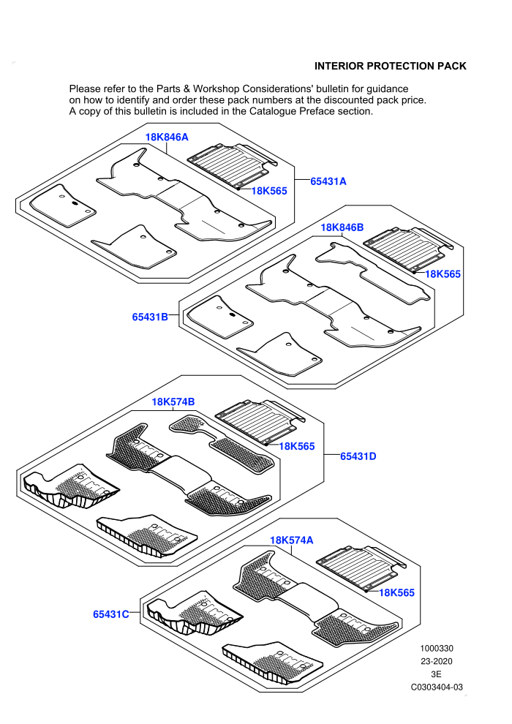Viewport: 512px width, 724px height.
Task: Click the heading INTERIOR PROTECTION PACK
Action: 390,66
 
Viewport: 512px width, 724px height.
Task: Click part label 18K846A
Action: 167,137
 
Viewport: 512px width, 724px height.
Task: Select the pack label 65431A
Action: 328,181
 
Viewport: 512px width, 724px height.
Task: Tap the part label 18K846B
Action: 342,227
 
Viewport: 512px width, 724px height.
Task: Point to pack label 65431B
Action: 150,317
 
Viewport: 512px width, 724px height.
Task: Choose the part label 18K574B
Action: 173,401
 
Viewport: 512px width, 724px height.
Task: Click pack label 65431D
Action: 358,456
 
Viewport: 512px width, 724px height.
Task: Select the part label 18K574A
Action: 292,540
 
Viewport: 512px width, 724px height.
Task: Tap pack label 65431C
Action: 110,614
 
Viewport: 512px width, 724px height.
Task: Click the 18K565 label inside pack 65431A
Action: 269,191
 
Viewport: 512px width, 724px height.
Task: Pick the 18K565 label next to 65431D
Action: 297,446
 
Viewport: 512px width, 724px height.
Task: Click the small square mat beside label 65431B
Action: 220,317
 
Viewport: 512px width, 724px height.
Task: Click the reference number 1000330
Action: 437,648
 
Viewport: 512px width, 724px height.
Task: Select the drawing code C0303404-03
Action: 437,687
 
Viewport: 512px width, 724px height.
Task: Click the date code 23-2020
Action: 437,661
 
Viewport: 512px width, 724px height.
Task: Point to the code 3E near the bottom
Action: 437,674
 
